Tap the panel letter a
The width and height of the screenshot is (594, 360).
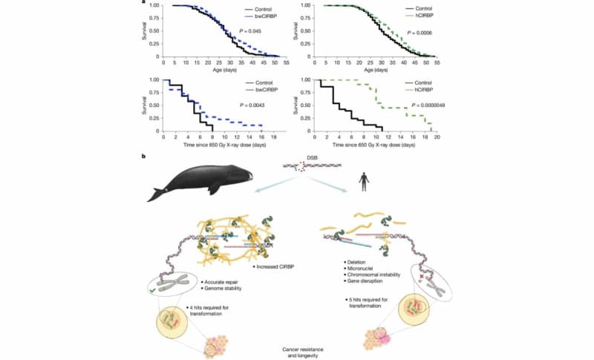[x=151, y=4]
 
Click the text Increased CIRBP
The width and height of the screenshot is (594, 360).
[x=275, y=266]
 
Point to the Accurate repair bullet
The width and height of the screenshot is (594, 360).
[x=225, y=283]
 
